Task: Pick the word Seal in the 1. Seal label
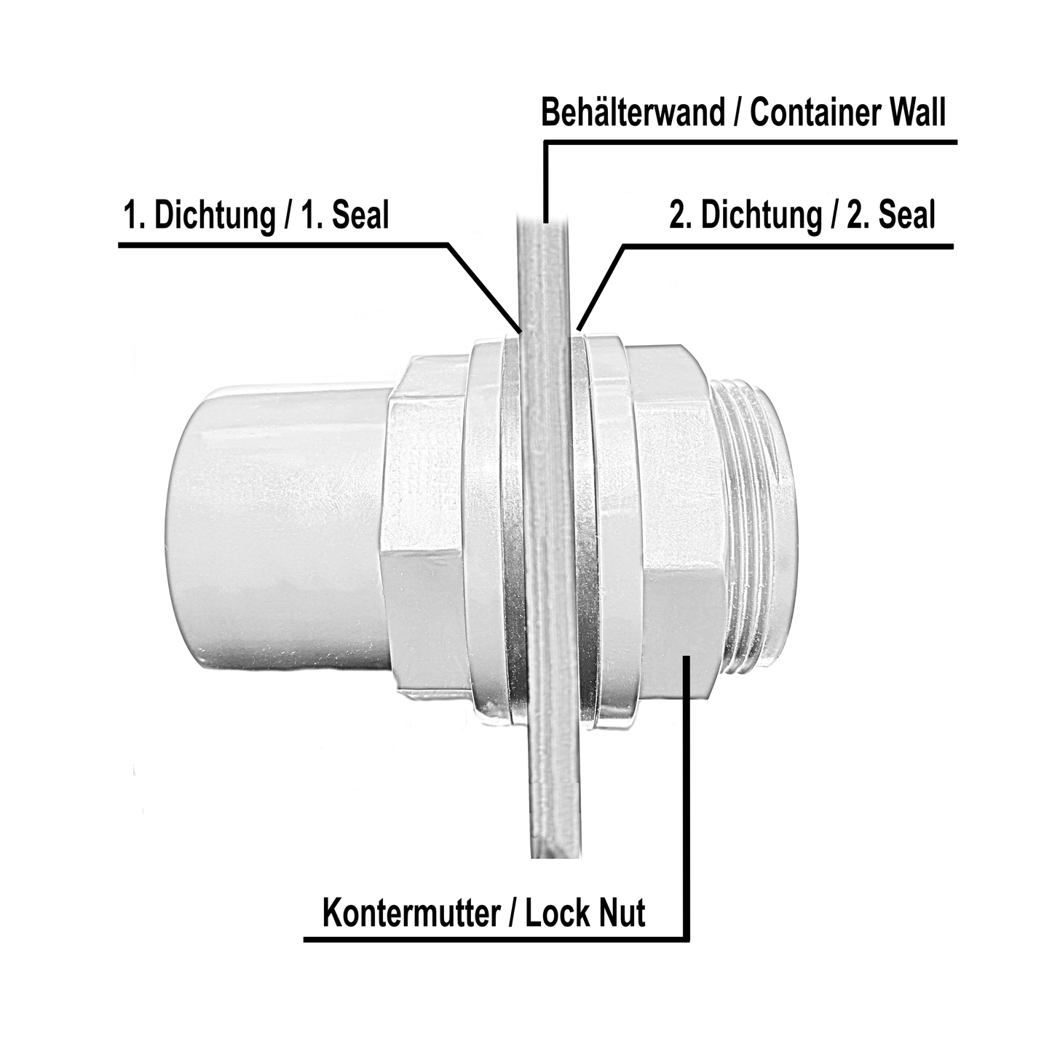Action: pyautogui.click(x=361, y=216)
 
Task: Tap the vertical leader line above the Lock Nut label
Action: pyautogui.click(x=687, y=801)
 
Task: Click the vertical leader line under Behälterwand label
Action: pyautogui.click(x=545, y=182)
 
